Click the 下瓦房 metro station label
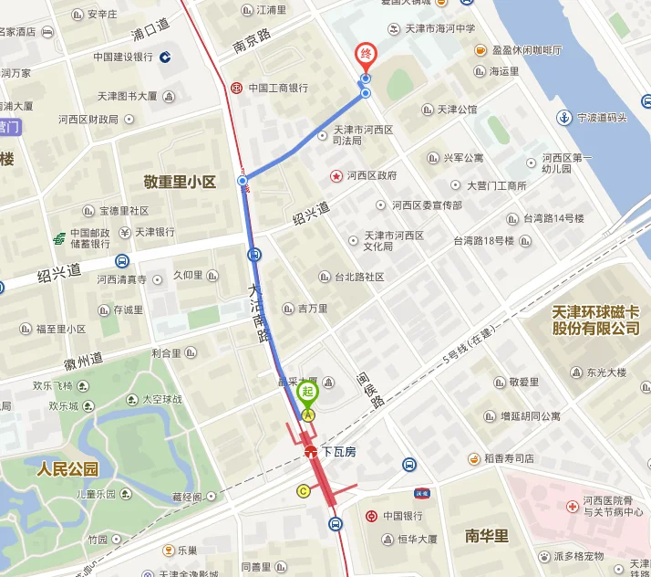coord(338,451)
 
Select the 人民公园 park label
coord(67,470)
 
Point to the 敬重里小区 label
coord(180,182)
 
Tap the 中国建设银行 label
coord(123,57)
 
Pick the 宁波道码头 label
coord(602,118)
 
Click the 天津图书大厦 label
coord(128,96)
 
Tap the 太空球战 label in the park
coord(161,399)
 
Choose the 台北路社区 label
coord(358,277)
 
